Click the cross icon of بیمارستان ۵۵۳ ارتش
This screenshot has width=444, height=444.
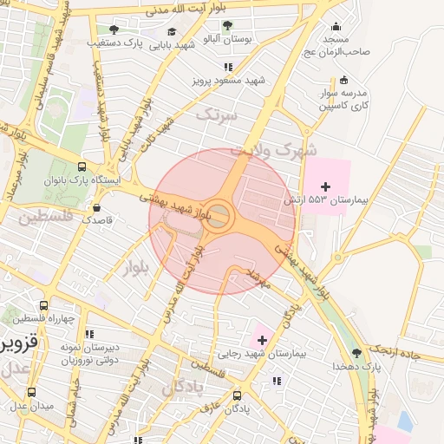[x=325, y=186]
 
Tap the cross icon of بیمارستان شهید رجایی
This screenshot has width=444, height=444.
[x=263, y=340]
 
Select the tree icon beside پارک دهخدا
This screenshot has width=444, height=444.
[x=357, y=353]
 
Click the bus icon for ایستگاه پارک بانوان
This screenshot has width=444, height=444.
[x=82, y=166]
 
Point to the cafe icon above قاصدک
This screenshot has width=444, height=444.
[x=96, y=207]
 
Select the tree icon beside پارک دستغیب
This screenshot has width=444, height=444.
[x=114, y=29]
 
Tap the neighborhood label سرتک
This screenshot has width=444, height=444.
[x=215, y=114]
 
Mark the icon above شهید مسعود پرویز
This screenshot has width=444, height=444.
[x=228, y=67]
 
